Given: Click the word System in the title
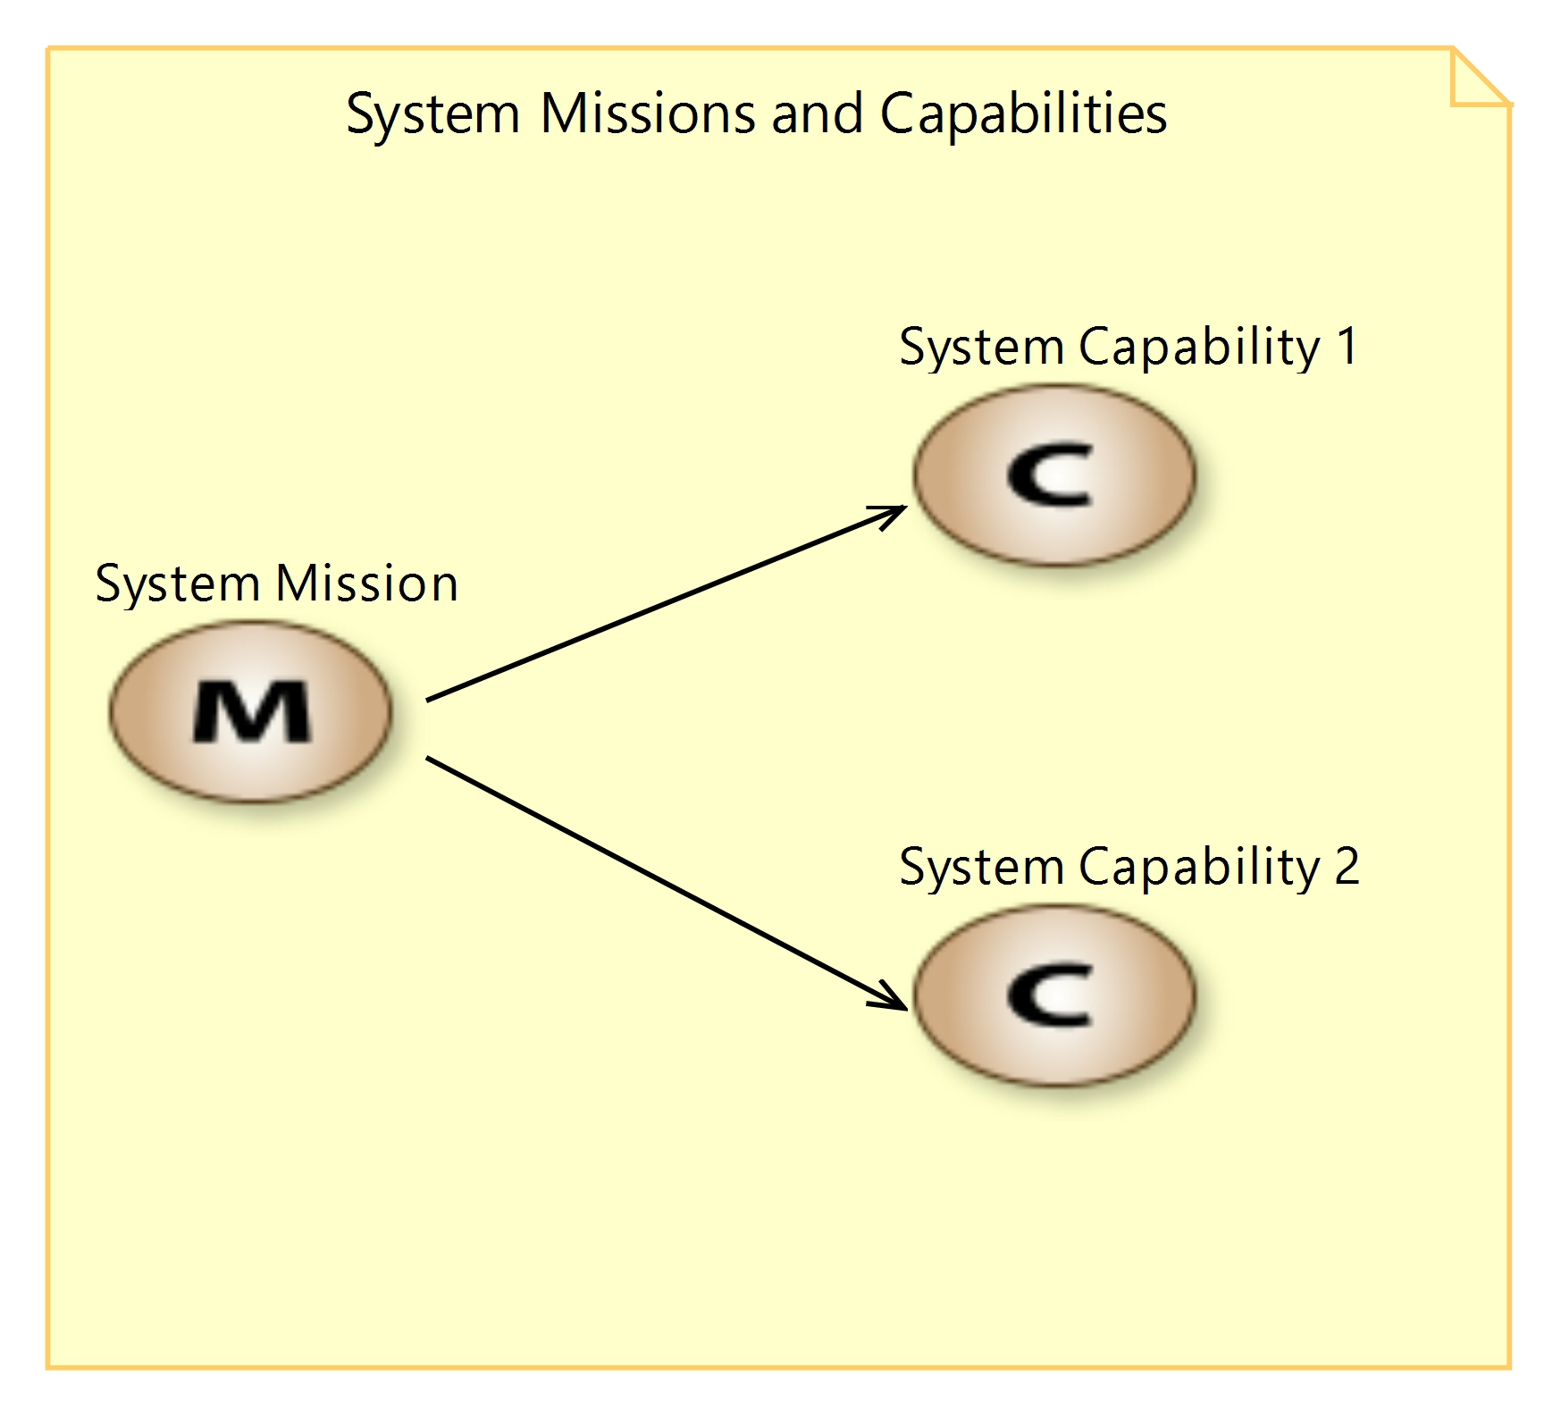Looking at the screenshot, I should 432,115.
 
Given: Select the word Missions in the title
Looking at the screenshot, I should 648,113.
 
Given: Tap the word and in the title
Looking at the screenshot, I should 818,113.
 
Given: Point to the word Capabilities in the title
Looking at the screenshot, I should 1023,115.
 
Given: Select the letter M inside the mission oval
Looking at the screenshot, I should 252,712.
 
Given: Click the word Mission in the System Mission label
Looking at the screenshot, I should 366,584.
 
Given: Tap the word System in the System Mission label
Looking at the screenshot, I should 177,585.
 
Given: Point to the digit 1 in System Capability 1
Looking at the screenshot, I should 1347,346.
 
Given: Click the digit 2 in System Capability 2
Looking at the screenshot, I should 1347,866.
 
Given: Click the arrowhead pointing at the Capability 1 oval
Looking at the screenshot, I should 893,513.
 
